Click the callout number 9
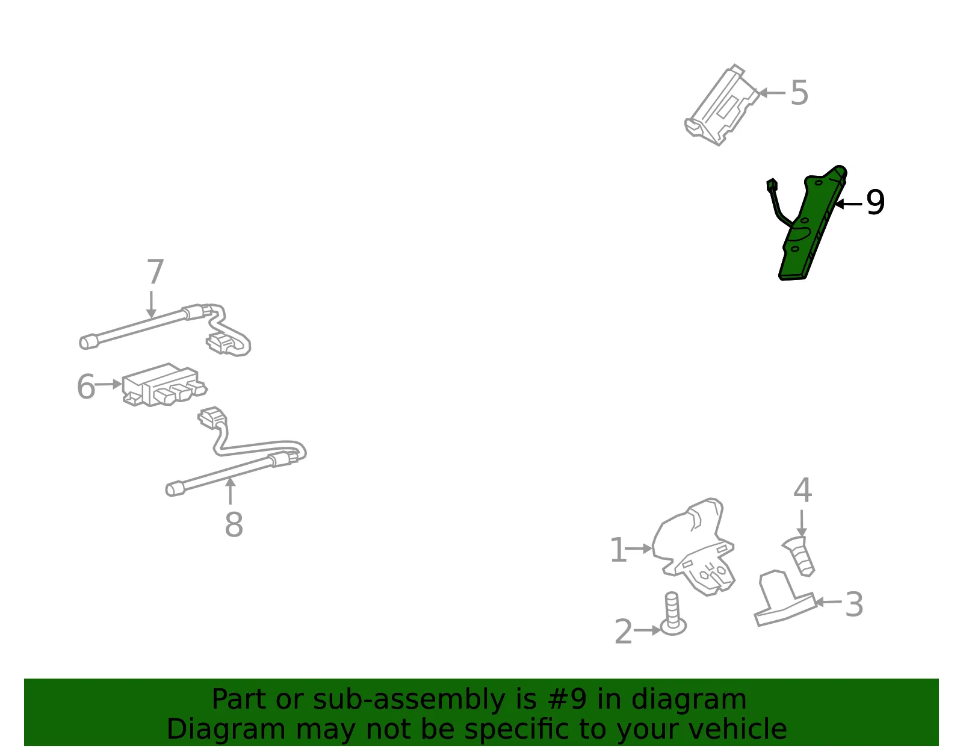point(875,202)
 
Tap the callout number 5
point(799,93)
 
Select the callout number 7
point(155,272)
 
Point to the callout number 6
point(86,386)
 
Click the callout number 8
point(234,524)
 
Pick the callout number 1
point(618,550)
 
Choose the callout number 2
point(624,632)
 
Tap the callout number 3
point(854,604)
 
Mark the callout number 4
point(802,491)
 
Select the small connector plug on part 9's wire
point(772,185)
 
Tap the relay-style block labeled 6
point(164,385)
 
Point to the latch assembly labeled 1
point(693,547)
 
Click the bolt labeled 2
point(673,614)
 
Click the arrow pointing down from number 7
point(152,305)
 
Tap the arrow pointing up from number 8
point(231,491)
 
